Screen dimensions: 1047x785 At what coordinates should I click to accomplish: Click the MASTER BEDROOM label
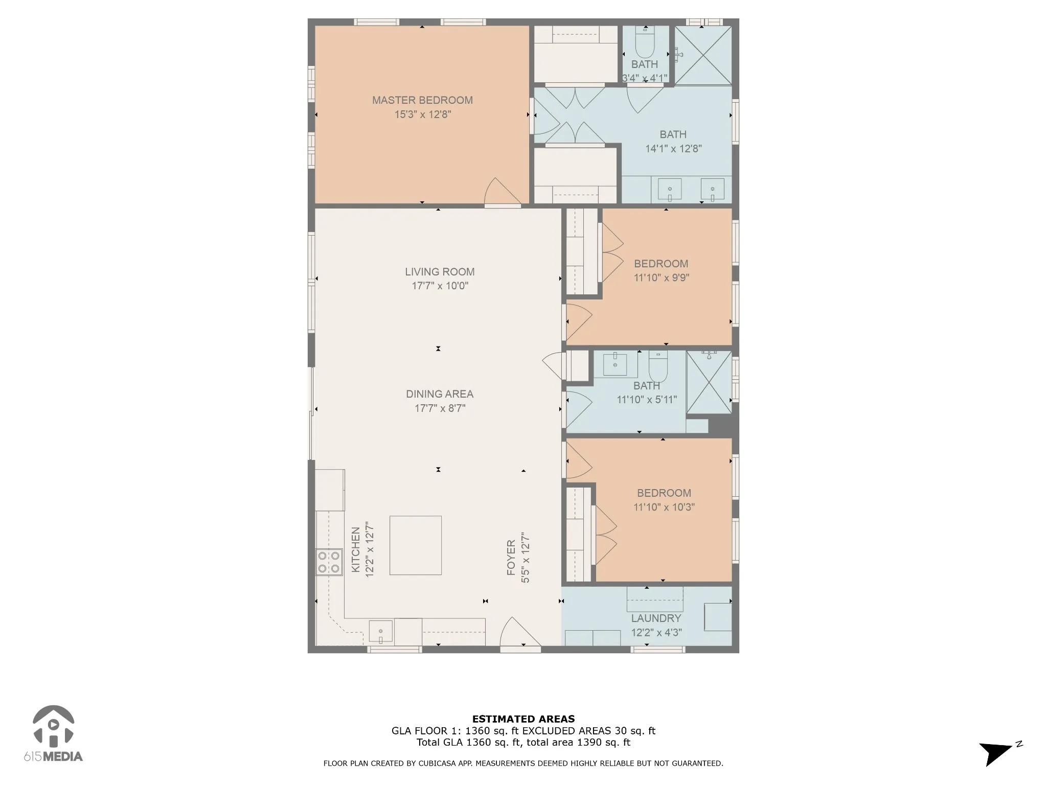pos(422,100)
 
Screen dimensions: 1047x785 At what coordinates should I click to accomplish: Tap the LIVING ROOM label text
pos(440,272)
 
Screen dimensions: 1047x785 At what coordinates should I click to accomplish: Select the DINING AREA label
pos(440,394)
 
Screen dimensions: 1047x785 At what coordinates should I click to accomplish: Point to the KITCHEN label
pos(356,549)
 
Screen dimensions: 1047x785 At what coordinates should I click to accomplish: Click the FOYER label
pos(511,558)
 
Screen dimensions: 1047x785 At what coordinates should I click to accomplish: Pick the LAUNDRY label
pos(656,618)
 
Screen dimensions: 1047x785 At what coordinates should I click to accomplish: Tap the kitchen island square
pos(416,545)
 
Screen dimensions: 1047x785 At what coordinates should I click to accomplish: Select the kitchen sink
pos(381,632)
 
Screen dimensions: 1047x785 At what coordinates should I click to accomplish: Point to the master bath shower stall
pos(703,55)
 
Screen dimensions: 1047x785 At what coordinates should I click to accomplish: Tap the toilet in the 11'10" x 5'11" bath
pos(658,366)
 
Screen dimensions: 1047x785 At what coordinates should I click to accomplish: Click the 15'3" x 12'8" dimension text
pos(423,114)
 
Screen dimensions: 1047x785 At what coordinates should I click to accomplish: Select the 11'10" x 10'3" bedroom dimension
pos(664,507)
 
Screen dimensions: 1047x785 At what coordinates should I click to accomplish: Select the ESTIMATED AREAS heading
pos(523,719)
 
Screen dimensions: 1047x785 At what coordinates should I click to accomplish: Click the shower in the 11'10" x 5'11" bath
pos(709,382)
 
